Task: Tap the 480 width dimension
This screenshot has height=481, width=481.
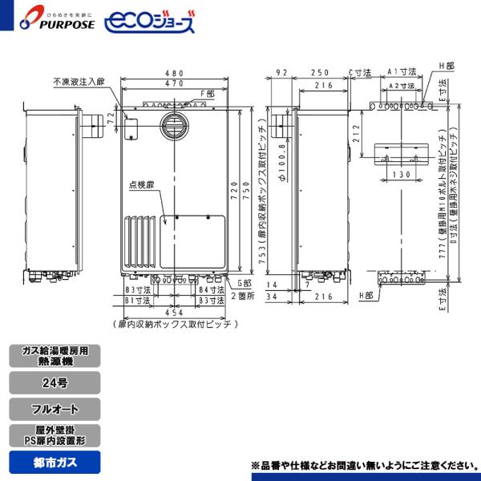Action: (x=174, y=72)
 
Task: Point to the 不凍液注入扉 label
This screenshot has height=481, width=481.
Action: (x=79, y=81)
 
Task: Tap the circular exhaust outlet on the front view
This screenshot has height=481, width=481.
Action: (x=173, y=126)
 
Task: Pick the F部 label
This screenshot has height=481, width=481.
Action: (x=208, y=93)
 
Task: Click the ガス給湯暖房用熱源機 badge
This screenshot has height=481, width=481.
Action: (x=56, y=356)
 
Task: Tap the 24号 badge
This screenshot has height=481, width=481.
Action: (x=56, y=382)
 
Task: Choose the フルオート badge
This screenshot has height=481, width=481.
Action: (x=56, y=409)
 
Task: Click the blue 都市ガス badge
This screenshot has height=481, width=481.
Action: (x=56, y=462)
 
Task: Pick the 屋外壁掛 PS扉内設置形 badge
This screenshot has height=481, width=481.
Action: (x=56, y=435)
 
